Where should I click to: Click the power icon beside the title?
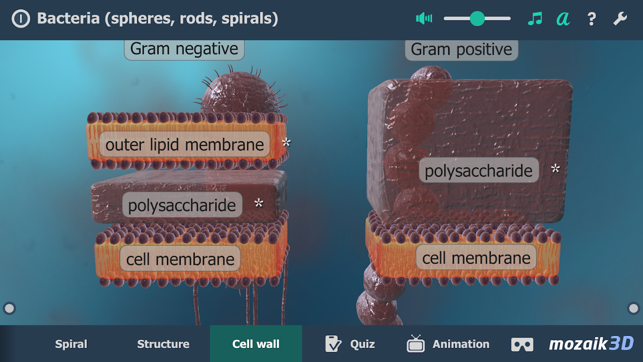click(21, 19)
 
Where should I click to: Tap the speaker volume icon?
click(424, 19)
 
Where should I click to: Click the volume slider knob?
click(477, 19)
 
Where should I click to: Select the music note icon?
click(534, 19)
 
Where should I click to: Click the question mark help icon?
click(591, 19)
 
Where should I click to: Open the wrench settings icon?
click(620, 19)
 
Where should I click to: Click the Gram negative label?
click(184, 49)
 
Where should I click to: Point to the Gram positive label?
click(461, 49)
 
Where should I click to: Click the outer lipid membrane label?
click(184, 145)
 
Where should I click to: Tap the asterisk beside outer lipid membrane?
click(286, 143)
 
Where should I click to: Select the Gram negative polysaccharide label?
click(182, 205)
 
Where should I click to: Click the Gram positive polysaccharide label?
click(478, 171)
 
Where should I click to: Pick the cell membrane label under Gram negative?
click(180, 259)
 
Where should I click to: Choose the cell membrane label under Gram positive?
click(476, 258)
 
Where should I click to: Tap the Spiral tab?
click(71, 344)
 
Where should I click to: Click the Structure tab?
click(163, 344)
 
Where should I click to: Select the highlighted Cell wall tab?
click(256, 344)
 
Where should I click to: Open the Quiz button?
click(350, 344)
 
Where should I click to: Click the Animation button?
click(448, 344)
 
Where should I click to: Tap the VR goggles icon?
click(522, 344)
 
